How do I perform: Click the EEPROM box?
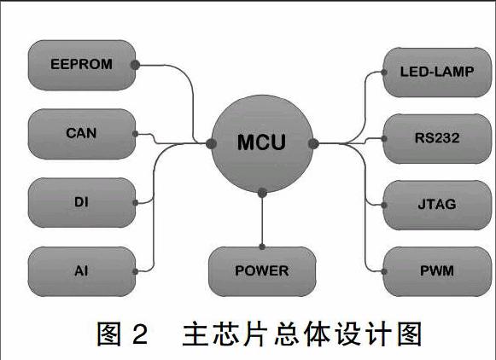pos(82,65)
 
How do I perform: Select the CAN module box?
pos(82,134)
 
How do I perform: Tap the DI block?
pos(82,202)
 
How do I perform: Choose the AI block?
pos(82,271)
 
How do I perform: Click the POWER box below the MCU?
pos(262,271)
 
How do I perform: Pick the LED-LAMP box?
pos(437,73)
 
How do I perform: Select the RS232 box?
pos(437,139)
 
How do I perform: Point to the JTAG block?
pos(437,205)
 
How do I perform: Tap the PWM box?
pos(437,271)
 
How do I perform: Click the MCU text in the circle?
pos(261,142)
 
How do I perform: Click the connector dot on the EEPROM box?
pos(135,65)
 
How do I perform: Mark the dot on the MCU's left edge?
pos(211,144)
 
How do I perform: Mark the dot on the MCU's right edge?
pos(313,144)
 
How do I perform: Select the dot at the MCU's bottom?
pos(262,193)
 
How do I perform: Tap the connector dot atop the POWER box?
pos(262,247)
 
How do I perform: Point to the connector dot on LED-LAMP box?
pos(384,73)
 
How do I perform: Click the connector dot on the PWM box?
pos(384,271)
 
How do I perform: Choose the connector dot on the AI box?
pos(136,271)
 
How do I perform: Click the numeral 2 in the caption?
pos(140,334)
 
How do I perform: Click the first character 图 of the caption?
pos(108,334)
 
